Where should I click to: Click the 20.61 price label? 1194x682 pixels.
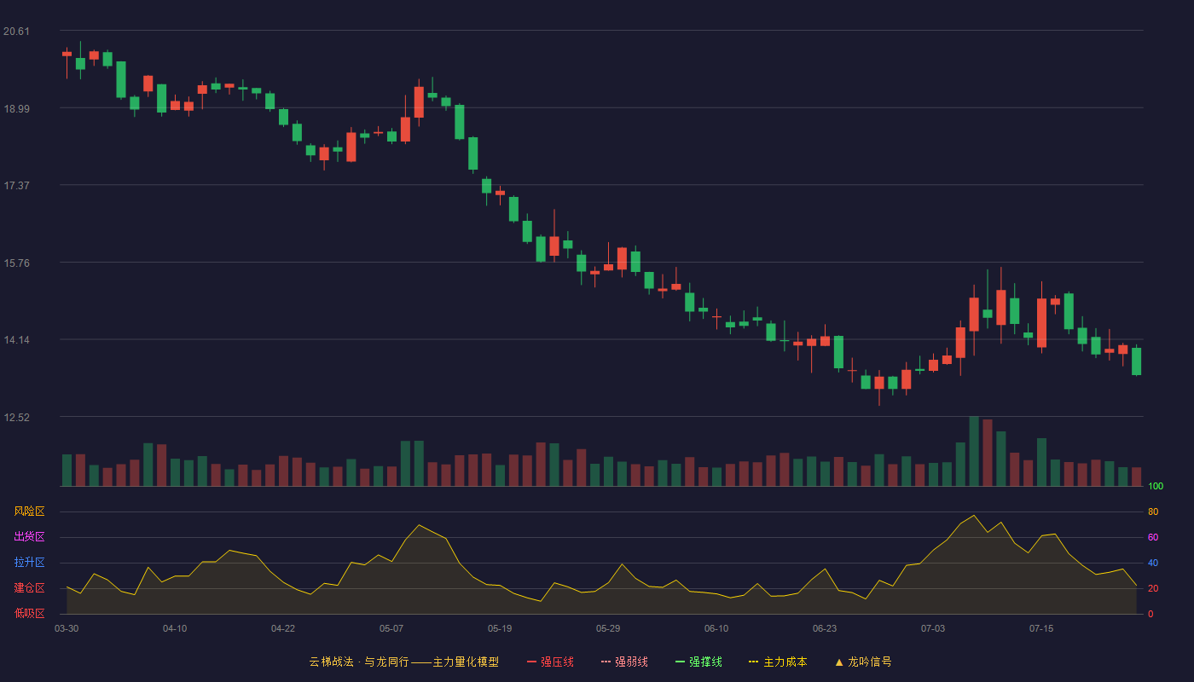pos(16,32)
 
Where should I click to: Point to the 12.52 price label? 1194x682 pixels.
pos(16,417)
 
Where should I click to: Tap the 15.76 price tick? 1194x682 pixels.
pos(16,263)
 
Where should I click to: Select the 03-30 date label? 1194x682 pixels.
pos(67,629)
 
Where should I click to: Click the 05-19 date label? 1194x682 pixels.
pos(500,629)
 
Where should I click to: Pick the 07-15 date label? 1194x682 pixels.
pos(1041,629)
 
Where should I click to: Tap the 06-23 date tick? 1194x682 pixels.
pos(825,629)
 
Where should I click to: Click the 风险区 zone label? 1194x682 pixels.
pos(29,511)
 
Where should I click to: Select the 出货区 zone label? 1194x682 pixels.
pos(29,536)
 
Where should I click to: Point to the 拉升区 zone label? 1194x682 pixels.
pos(29,562)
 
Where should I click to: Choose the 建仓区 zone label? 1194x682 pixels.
pos(29,587)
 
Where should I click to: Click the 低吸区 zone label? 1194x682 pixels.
pos(29,613)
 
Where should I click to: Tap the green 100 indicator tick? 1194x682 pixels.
pos(1156,486)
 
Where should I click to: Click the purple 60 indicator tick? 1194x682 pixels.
pos(1153,537)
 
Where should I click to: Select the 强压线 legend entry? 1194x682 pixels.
pos(550,662)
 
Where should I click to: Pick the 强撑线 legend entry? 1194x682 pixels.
pos(698,662)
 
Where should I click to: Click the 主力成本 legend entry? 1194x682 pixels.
pos(778,662)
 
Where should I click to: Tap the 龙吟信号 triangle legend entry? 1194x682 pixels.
pos(863,662)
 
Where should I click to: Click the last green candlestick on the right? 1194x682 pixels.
pos(1136,361)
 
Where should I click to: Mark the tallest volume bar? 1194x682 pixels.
pos(974,451)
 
